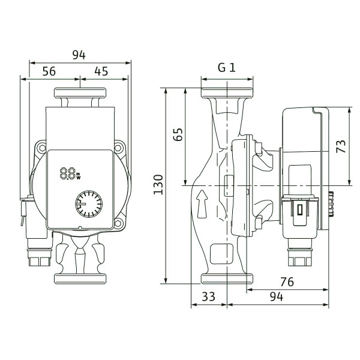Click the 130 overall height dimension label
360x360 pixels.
click(x=158, y=185)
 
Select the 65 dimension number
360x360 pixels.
click(x=178, y=134)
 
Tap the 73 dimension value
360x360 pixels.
click(x=340, y=146)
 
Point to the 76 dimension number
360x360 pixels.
click(x=287, y=282)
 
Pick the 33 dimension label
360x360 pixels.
click(x=208, y=296)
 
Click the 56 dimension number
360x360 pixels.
click(x=49, y=71)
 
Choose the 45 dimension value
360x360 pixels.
click(x=101, y=71)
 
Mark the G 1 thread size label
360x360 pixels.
click(x=227, y=68)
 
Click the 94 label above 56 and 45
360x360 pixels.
click(x=79, y=55)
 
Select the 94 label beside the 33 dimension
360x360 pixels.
click(x=277, y=296)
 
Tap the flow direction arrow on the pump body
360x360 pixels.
click(x=202, y=204)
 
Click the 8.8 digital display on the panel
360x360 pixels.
click(x=67, y=173)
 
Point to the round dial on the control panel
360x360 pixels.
click(x=89, y=204)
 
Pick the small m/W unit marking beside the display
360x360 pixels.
click(x=79, y=176)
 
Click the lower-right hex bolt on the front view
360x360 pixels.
click(x=118, y=223)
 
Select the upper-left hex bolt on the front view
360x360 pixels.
click(x=42, y=148)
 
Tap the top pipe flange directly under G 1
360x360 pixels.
click(x=227, y=93)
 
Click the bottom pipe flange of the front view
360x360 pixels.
click(x=80, y=279)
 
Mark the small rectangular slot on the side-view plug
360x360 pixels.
click(x=299, y=209)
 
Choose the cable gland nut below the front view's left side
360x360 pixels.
click(x=40, y=260)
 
